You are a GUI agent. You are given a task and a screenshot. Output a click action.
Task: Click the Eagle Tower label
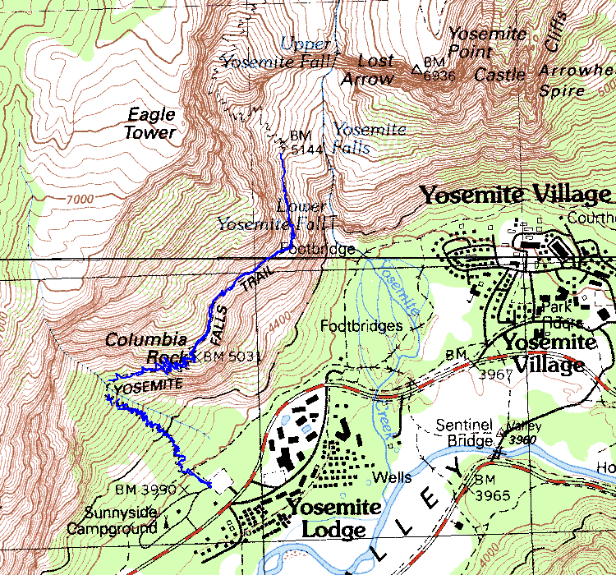150,123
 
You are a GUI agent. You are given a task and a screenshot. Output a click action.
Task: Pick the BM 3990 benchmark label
146,489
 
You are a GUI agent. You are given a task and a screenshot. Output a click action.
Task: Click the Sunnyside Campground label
121,521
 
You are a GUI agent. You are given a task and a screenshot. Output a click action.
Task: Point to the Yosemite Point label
486,43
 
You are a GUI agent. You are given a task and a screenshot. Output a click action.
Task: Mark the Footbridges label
361,325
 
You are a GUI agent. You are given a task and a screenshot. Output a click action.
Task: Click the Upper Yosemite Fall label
279,52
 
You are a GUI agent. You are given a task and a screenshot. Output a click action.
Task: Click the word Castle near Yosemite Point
500,75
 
